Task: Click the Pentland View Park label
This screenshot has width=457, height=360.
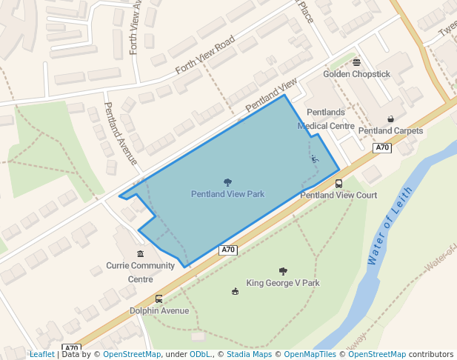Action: (227, 194)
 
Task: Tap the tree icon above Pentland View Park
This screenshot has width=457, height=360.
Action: (227, 182)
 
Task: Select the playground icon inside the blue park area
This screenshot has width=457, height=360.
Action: (314, 159)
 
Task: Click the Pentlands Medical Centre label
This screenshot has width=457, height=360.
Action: (326, 119)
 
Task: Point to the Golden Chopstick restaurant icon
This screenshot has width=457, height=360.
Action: (356, 62)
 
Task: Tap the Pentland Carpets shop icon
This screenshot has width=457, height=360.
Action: (390, 119)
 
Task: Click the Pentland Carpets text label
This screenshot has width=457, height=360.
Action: (390, 131)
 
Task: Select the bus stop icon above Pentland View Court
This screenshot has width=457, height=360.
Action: (338, 184)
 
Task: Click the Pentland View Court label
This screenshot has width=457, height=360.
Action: (338, 196)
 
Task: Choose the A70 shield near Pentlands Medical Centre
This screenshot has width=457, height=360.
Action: (382, 148)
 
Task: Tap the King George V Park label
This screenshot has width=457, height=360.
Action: (283, 283)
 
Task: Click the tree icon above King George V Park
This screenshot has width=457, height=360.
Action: (283, 271)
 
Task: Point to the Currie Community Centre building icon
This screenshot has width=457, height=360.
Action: (140, 254)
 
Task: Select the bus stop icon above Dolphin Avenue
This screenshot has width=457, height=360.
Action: (159, 299)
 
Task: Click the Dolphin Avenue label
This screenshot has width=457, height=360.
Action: (159, 311)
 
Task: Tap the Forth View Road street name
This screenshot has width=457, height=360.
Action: (205, 56)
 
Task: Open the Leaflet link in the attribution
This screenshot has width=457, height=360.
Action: (41, 354)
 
